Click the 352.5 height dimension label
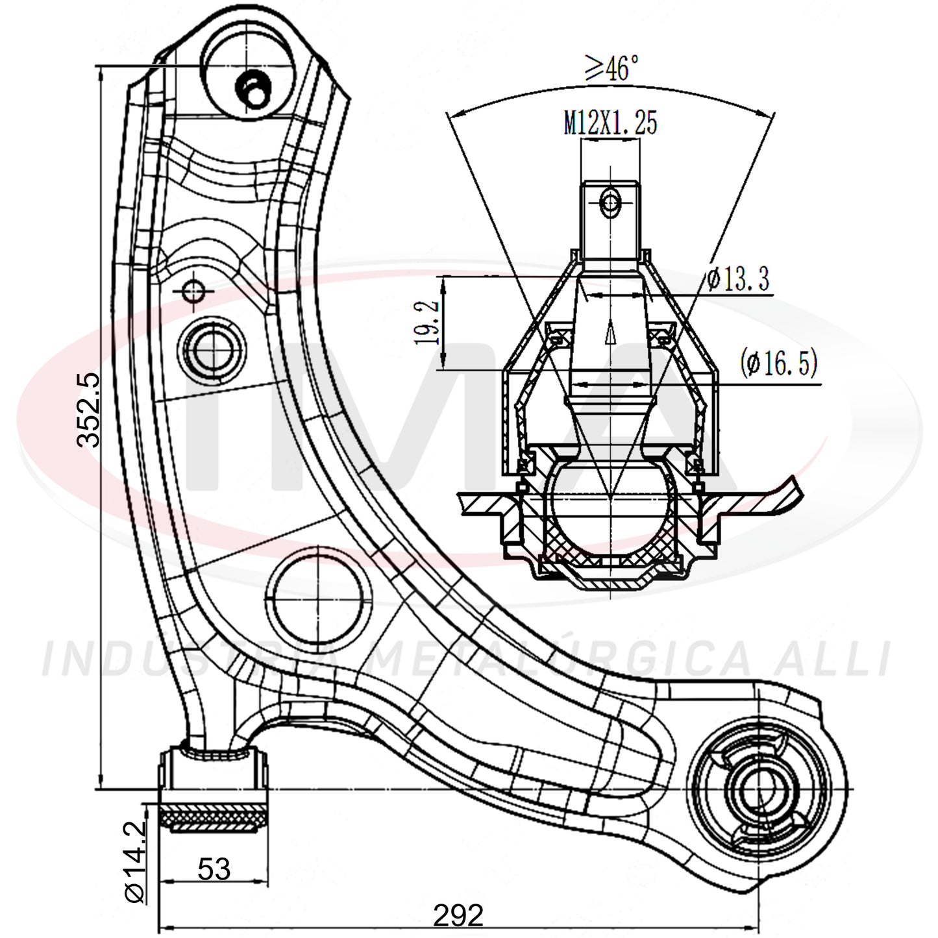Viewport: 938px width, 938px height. click(x=88, y=410)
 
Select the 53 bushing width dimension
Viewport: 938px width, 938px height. click(x=214, y=869)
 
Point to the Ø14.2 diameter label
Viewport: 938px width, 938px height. click(x=135, y=861)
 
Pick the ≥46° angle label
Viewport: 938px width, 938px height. click(x=611, y=68)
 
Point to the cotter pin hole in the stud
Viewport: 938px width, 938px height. click(x=610, y=203)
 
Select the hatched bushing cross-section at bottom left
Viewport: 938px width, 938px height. click(x=214, y=817)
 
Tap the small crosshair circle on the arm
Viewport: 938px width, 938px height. click(x=193, y=291)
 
